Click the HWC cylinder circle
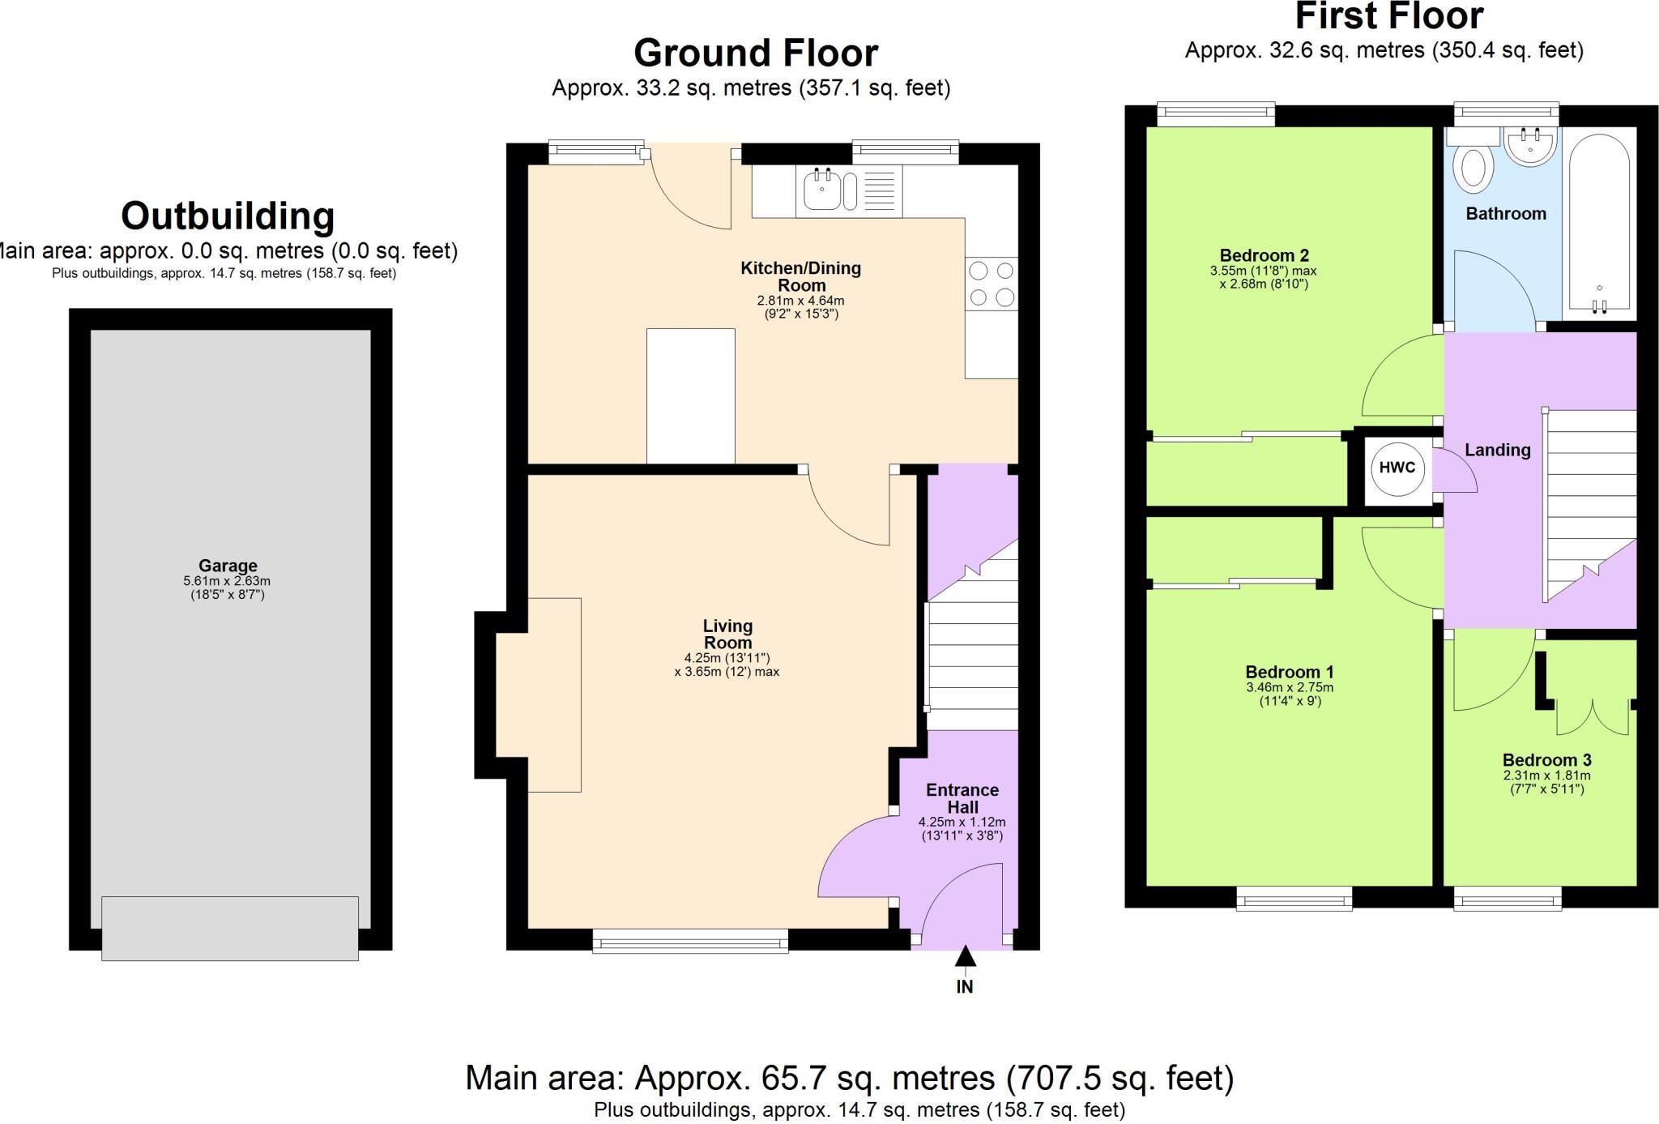[x=1397, y=468]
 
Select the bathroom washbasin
[x=1529, y=147]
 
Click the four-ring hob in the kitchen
[x=992, y=284]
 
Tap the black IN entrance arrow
[x=964, y=957]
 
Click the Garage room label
[x=228, y=566]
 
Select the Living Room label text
[x=727, y=634]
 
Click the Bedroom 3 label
[x=1546, y=759]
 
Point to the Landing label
[x=1497, y=450]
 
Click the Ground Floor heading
[x=755, y=53]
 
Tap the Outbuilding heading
[x=228, y=216]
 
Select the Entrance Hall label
[x=962, y=798]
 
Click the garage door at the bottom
[x=230, y=928]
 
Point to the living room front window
[x=690, y=940]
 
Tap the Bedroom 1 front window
[x=1294, y=898]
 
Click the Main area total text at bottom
[x=849, y=1078]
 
